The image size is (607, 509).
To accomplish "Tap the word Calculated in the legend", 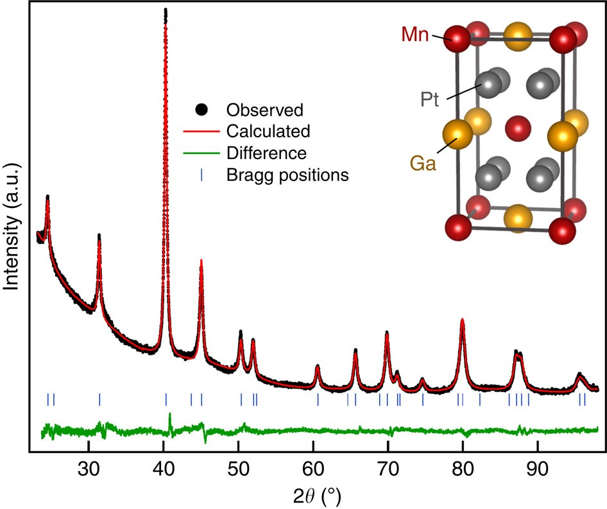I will pos(268,131).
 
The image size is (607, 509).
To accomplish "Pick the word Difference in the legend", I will pos(266,153).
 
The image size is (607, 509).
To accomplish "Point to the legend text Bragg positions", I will pos(287,175).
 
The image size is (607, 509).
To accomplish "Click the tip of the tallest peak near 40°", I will pos(166,11).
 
